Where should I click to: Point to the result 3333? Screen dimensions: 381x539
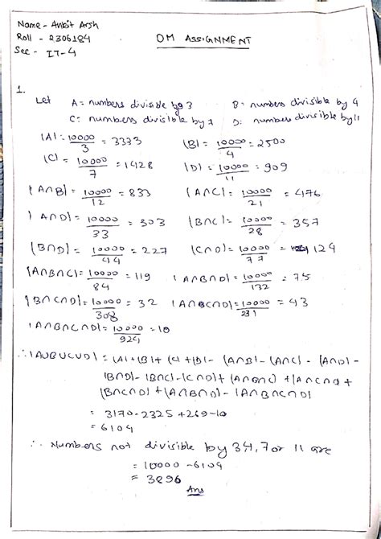(126, 141)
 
